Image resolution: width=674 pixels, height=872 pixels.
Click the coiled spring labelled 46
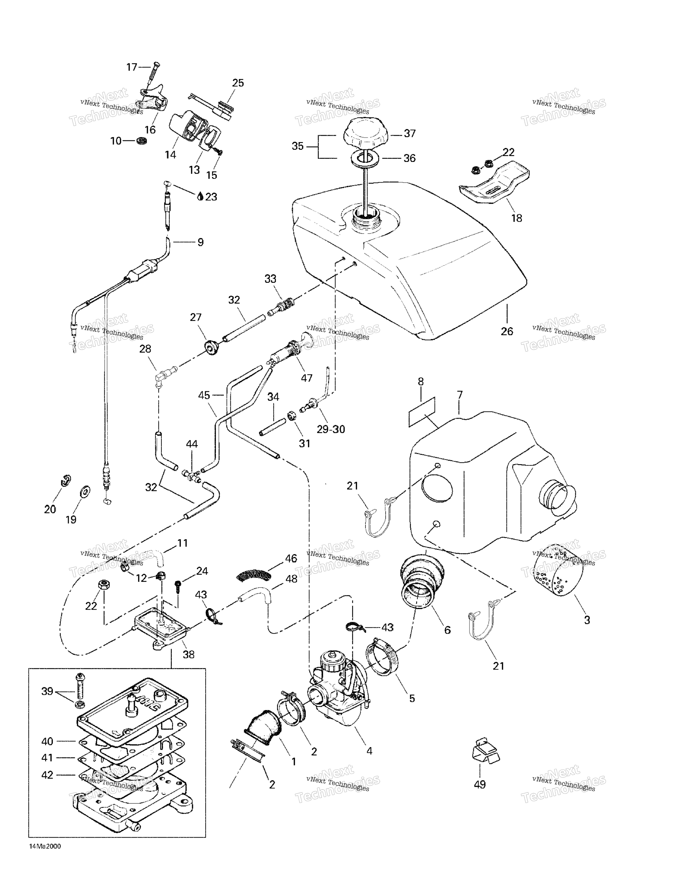(x=254, y=575)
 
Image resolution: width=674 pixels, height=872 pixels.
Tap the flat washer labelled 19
(x=85, y=490)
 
